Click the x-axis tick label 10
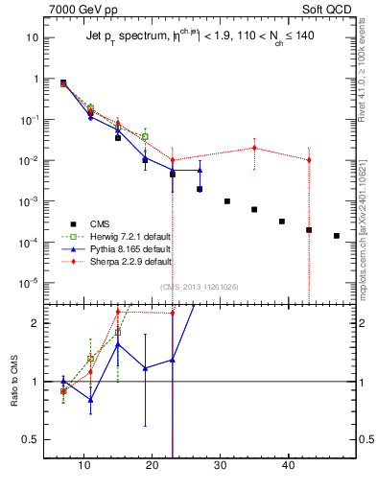coord(83,466)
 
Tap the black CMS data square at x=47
coord(336,235)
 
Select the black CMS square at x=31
coord(226,201)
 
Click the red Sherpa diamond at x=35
coord(254,148)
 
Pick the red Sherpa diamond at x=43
coord(309,160)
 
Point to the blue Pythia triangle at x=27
coord(200,171)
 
